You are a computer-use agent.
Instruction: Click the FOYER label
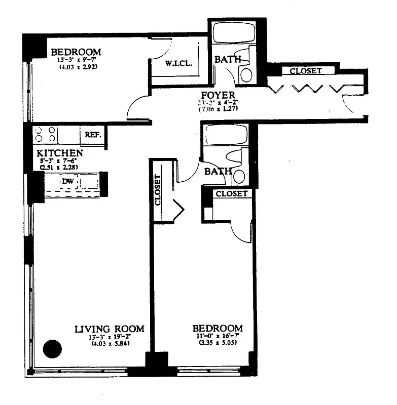click(x=218, y=95)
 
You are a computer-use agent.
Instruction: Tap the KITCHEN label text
click(x=60, y=152)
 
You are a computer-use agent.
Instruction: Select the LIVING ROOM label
click(x=109, y=329)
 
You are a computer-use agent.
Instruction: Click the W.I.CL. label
click(x=176, y=64)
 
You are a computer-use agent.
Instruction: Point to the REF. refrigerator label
click(x=93, y=135)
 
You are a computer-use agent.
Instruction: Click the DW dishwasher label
click(x=67, y=181)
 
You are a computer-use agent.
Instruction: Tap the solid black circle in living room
click(x=52, y=348)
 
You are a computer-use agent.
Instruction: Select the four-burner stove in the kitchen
click(x=45, y=135)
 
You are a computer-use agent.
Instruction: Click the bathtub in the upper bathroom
click(x=230, y=33)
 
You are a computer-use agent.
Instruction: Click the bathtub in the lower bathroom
click(x=225, y=135)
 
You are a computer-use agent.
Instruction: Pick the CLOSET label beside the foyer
click(x=305, y=71)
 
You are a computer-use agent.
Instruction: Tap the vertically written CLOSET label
click(x=157, y=190)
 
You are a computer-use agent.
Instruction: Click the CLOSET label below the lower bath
click(x=232, y=193)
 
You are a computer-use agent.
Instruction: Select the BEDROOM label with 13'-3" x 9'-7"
click(x=76, y=52)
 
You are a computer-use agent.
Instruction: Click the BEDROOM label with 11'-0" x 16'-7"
click(x=218, y=328)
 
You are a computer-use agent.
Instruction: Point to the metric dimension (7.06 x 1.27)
click(x=218, y=109)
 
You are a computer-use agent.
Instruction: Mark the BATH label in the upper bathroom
click(x=227, y=59)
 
